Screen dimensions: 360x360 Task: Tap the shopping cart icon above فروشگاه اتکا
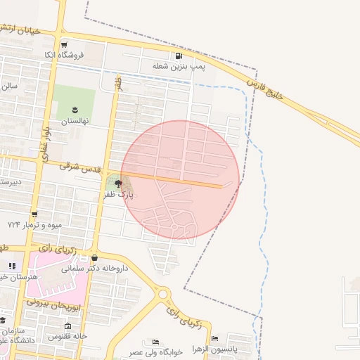pos(64,44)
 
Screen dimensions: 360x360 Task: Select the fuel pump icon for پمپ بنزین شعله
pos(179,56)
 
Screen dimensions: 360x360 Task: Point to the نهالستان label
pos(75,121)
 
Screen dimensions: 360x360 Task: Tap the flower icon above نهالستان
pos(75,109)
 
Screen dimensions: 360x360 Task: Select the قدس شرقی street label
pos(80,167)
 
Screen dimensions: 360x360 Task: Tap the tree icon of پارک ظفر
pos(117,184)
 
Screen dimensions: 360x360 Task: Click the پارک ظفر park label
pos(119,194)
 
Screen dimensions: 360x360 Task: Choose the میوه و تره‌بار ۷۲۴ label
pos(35,224)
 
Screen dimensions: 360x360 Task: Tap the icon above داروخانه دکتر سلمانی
pos(94,257)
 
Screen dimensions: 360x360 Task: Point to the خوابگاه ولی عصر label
pos(156,351)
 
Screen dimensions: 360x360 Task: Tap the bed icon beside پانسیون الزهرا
pos(214,338)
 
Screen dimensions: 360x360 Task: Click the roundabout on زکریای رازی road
pos(164,294)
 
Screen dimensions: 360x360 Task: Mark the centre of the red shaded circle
pos(180,180)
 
